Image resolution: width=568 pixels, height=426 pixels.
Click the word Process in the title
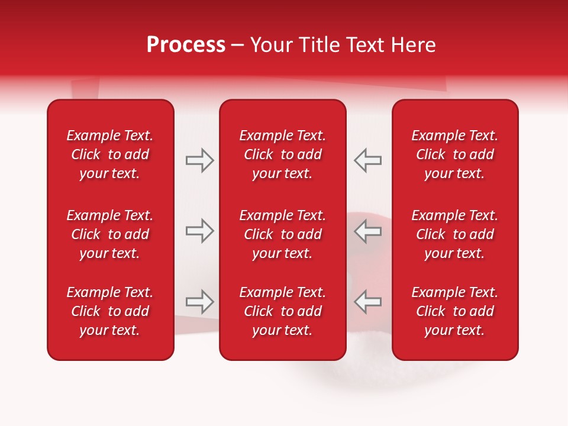click(186, 45)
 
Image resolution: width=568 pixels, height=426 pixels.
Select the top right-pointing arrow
click(200, 160)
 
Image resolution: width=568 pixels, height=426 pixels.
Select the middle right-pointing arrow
click(200, 231)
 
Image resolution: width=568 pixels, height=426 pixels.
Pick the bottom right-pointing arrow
click(200, 302)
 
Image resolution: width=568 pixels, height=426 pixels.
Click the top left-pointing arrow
click(367, 160)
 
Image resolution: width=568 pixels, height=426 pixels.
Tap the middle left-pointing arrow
click(367, 231)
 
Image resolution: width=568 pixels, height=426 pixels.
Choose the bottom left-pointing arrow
click(367, 302)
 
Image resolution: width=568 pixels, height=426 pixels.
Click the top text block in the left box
click(110, 154)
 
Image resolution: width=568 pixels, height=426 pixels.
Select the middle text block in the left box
click(110, 234)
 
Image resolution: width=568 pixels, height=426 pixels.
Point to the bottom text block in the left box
click(110, 311)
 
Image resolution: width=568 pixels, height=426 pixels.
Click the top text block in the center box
click(282, 154)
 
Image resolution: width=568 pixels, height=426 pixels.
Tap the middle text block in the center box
click(282, 234)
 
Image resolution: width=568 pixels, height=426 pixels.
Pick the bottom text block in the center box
click(282, 311)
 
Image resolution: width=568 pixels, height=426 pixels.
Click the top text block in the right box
click(454, 154)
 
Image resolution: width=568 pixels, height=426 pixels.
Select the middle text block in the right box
click(454, 234)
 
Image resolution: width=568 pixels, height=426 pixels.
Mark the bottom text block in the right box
click(454, 311)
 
